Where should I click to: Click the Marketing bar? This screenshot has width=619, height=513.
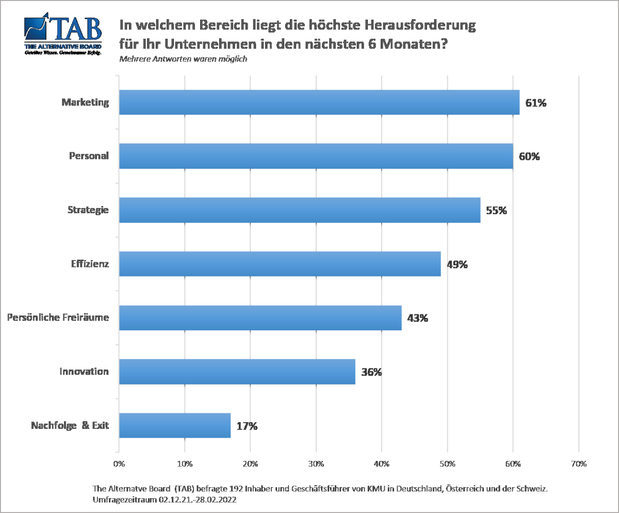[x=319, y=102]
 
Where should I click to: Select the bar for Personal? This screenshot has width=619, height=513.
[x=316, y=156]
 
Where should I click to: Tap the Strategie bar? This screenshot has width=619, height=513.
[x=299, y=210]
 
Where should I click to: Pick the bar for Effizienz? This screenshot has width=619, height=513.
[x=280, y=264]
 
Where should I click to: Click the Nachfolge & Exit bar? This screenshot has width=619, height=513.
[x=174, y=425]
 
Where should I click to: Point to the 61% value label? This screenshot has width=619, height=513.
[x=535, y=103]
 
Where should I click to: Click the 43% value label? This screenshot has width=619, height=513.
[x=418, y=318]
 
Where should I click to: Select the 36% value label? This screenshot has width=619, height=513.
[x=371, y=372]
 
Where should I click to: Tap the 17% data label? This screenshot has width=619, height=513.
[x=247, y=426]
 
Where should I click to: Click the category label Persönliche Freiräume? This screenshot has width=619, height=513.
[x=58, y=317]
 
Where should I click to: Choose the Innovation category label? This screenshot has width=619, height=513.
[x=84, y=372]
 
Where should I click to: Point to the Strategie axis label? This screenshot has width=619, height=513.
[x=88, y=210]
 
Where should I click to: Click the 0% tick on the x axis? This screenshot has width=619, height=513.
[x=119, y=463]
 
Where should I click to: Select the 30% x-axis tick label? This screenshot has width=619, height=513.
[x=316, y=463]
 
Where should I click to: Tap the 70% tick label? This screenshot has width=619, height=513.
[x=579, y=463]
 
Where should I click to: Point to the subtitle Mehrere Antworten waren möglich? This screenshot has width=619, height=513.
[x=183, y=59]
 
